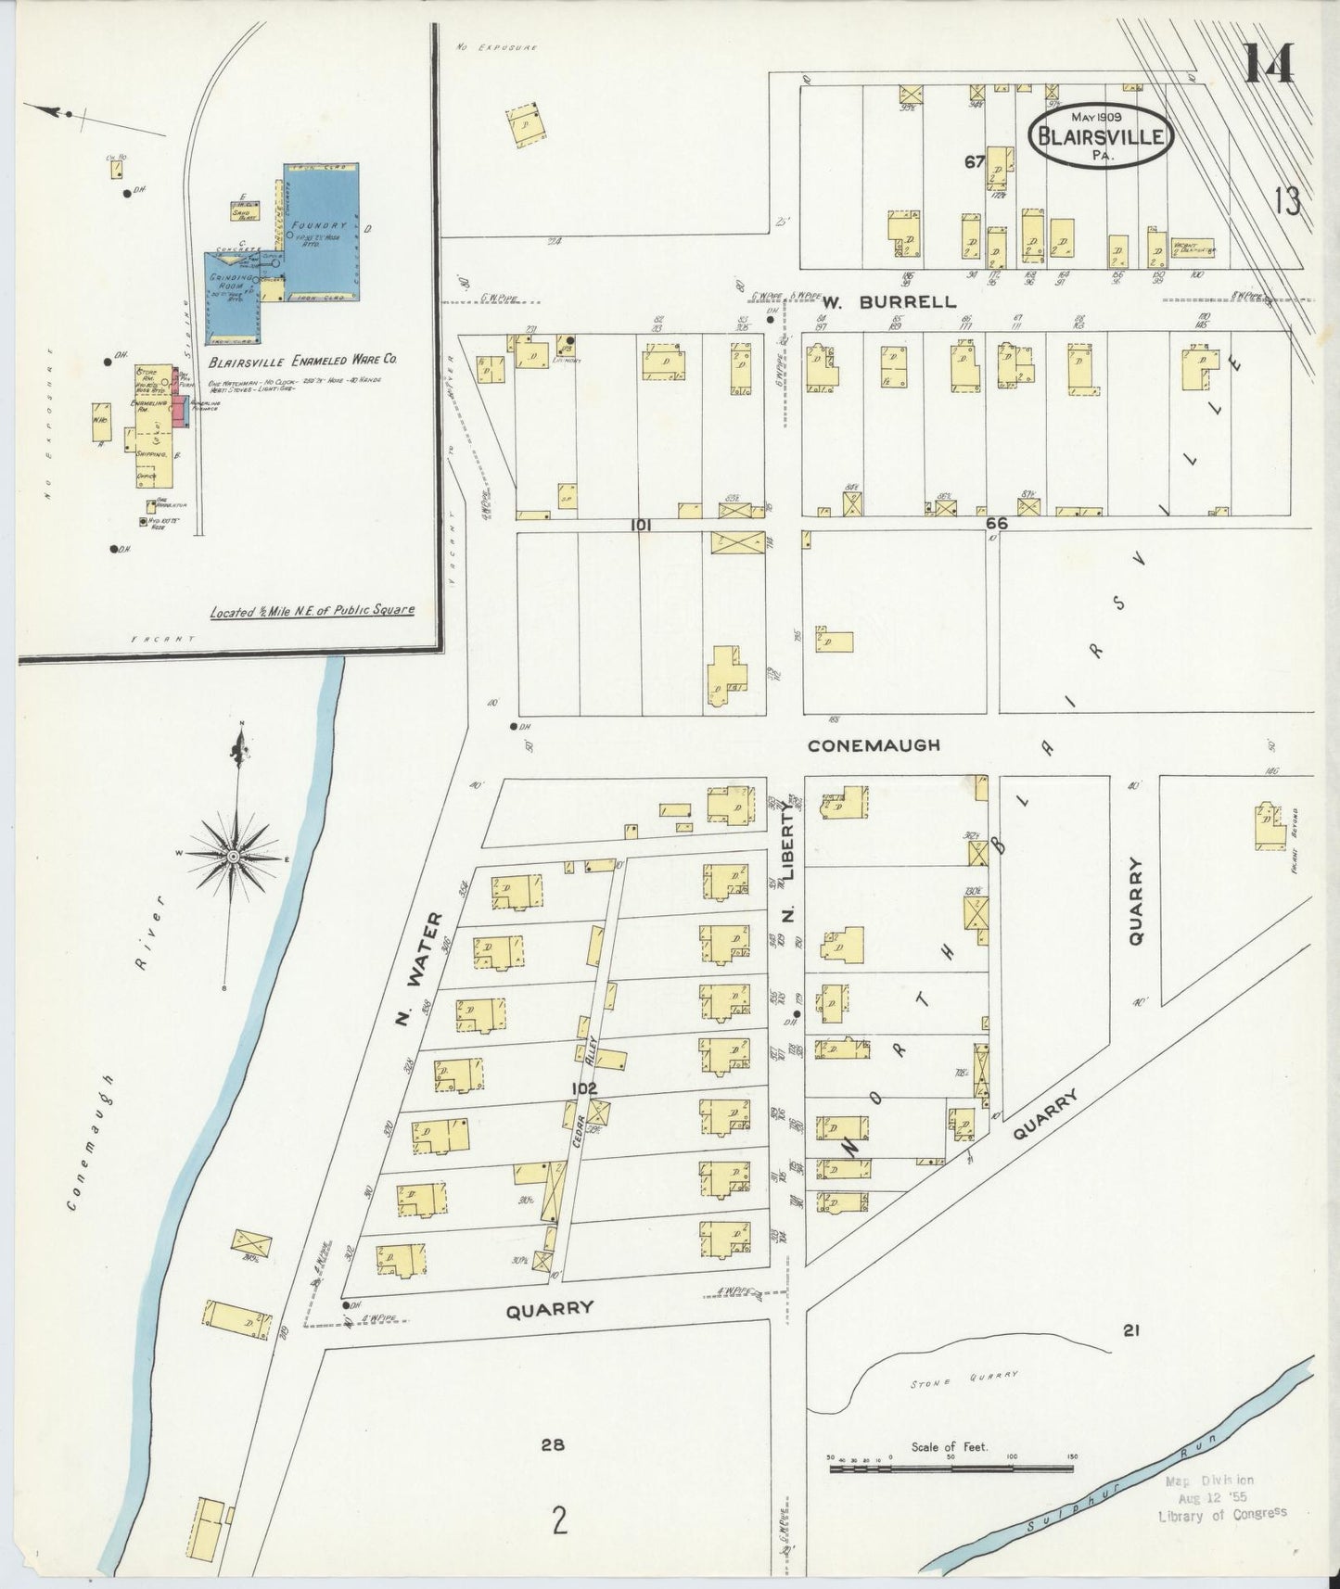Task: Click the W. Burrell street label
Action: [x=888, y=301]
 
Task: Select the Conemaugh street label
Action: [x=873, y=744]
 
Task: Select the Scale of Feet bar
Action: [x=950, y=1468]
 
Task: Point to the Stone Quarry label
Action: [x=964, y=1379]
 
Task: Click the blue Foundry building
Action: [x=320, y=232]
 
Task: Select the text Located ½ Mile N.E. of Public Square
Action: [x=312, y=611]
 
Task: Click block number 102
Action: [x=583, y=1088]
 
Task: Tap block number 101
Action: [x=640, y=525]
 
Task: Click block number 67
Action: [x=973, y=161]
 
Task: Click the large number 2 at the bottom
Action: [x=558, y=1520]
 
